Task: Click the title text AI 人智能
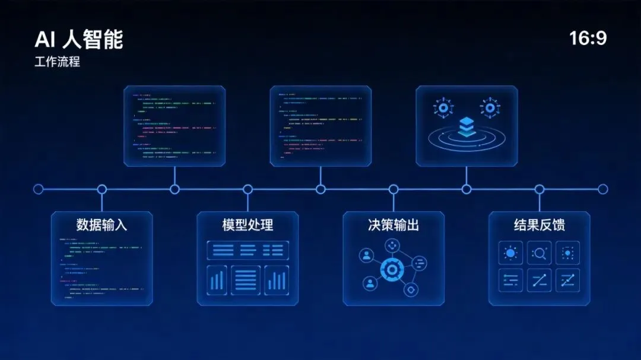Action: tap(79, 40)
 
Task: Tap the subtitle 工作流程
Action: tap(57, 62)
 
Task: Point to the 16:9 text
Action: tap(588, 39)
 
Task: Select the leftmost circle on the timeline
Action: tap(39, 189)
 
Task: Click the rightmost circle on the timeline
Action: tap(603, 189)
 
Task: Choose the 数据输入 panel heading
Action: tap(101, 225)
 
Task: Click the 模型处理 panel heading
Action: tap(247, 225)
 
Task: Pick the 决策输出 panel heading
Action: tap(394, 225)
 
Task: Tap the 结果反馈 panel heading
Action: tap(539, 225)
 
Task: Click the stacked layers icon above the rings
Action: tap(467, 126)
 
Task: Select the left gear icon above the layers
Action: tap(443, 108)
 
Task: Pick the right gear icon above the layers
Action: tap(490, 108)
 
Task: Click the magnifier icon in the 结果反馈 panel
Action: tap(539, 253)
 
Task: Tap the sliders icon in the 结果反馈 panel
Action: tap(510, 281)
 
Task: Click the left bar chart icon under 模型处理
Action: tap(218, 280)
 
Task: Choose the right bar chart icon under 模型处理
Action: tap(277, 280)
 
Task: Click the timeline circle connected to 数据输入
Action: tap(101, 189)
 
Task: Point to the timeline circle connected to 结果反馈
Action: tap(539, 189)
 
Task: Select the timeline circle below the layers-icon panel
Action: tap(467, 189)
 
